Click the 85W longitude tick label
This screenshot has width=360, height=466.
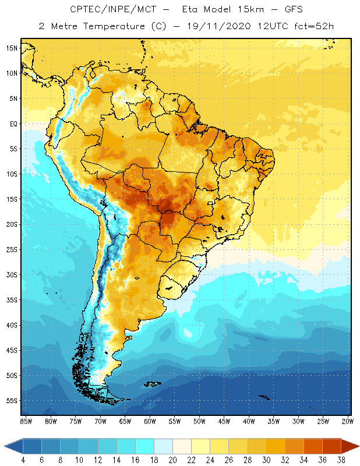click(x=26, y=421)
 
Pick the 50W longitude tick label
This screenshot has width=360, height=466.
click(x=199, y=421)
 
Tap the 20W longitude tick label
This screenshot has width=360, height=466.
click(x=347, y=421)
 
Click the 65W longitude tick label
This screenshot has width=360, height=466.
click(x=125, y=421)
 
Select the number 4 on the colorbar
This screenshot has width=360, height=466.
click(x=23, y=460)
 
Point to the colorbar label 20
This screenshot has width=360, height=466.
click(x=172, y=460)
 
